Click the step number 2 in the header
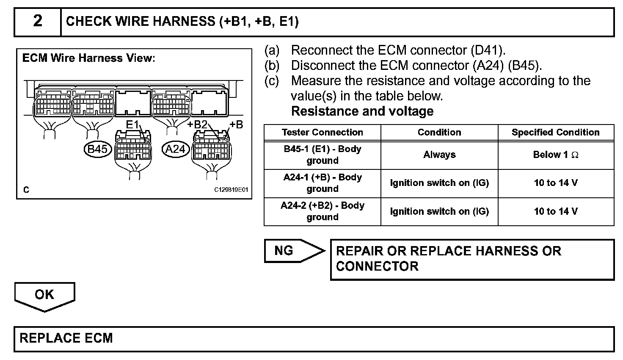coord(38,21)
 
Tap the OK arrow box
coord(44,295)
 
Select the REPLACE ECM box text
coord(66,338)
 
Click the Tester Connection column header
coord(322,133)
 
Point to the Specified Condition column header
coord(555,133)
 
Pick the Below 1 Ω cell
coord(555,155)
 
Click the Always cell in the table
coord(439,155)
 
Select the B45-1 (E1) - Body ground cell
coord(322,155)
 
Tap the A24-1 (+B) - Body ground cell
coord(322,183)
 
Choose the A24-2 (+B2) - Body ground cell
coord(322,211)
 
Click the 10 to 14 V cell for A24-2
coord(555,211)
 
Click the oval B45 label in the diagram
coord(97,149)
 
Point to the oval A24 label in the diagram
coord(176,149)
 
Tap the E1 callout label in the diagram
coord(132,124)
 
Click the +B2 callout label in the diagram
coord(197,124)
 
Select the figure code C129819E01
coord(231,190)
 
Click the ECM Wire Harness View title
coord(88,58)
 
